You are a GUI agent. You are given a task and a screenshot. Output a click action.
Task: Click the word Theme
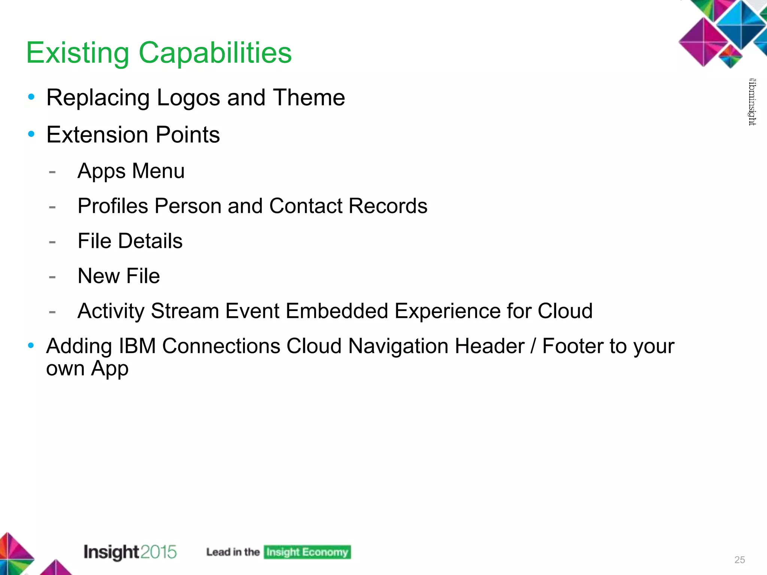point(309,98)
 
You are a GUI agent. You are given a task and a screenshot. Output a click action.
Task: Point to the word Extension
point(97,134)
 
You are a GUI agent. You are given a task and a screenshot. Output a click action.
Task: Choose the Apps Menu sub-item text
point(131,171)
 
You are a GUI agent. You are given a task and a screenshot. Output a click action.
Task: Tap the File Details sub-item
point(130,241)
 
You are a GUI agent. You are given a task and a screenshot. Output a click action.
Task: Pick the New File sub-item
point(119,276)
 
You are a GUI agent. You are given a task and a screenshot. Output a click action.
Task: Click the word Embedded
point(337,311)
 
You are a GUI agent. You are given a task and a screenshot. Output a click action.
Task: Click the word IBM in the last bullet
point(137,346)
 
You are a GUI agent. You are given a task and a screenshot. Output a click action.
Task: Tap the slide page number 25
point(740,560)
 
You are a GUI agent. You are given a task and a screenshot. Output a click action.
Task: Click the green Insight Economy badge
point(307,552)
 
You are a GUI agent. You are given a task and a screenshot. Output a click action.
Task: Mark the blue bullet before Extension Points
point(31,134)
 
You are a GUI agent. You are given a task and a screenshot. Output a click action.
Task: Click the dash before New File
point(52,277)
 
